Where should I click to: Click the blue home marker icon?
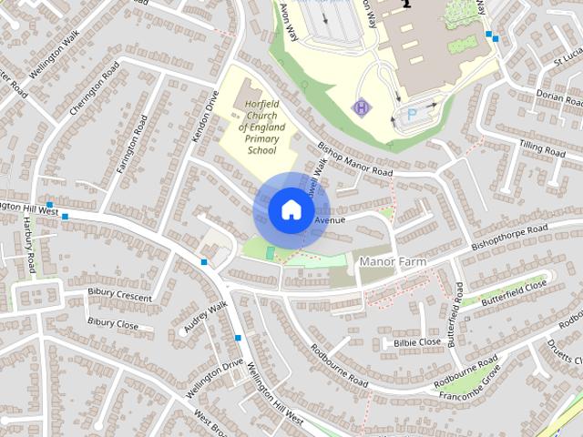coord(291,210)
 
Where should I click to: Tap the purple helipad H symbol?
coord(362,107)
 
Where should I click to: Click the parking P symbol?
coord(412,116)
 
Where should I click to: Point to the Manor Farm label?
coord(393,262)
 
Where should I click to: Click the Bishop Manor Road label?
coord(354,159)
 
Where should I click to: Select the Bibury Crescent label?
coord(119,296)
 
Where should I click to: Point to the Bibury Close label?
coord(113,322)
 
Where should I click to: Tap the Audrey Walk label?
coord(204,316)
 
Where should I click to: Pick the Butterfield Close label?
coord(514,292)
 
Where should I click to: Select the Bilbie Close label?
coord(416,342)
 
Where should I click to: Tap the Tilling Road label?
coord(542,146)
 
